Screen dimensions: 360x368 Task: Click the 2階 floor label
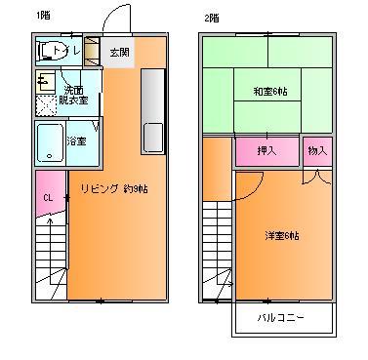point(213,17)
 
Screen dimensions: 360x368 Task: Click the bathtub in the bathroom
point(50,142)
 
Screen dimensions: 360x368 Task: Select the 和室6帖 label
point(267,93)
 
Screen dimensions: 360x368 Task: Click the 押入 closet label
point(266,151)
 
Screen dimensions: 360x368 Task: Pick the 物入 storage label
point(317,151)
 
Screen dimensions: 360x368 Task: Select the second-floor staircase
point(218,254)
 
